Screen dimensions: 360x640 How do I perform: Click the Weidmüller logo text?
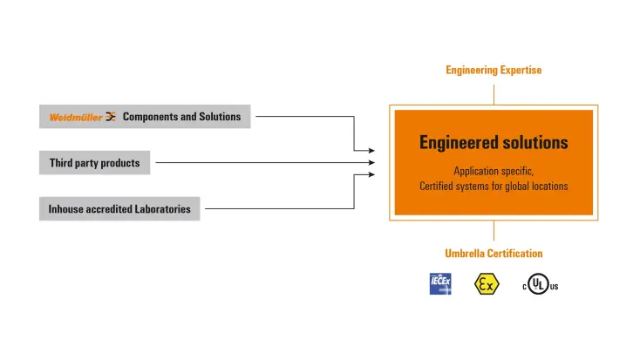[75, 117]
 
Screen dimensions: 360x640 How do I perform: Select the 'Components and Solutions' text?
[181, 117]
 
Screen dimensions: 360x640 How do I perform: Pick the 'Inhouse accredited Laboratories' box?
[119, 209]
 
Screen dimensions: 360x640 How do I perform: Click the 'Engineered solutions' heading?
[494, 142]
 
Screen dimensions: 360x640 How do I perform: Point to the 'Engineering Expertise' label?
[494, 71]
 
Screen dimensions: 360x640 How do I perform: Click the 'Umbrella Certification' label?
[494, 254]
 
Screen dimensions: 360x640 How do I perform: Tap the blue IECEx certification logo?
[440, 284]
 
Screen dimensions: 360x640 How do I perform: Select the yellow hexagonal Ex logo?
[486, 284]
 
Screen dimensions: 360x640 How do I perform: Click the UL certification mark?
[540, 285]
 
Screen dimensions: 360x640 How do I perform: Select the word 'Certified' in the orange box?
[439, 186]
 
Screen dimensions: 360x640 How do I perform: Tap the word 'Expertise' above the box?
[519, 71]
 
